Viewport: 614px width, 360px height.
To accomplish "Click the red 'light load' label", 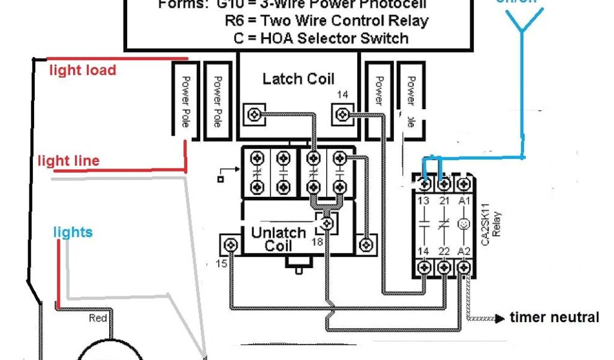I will [82, 70].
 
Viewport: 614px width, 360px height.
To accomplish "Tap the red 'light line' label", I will [68, 161].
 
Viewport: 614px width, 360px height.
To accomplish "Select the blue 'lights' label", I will [73, 232].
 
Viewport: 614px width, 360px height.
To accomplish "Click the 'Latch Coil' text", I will [298, 79].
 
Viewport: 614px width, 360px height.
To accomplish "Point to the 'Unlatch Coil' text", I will [278, 239].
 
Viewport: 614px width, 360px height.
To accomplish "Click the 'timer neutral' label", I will [554, 317].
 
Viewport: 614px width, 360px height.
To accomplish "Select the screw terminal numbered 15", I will [230, 245].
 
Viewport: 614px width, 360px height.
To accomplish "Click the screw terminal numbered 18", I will [327, 224].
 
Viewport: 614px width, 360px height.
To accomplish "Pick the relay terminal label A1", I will [463, 200].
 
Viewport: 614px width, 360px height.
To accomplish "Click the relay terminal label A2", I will [463, 250].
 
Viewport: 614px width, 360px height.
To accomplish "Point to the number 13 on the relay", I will [425, 200].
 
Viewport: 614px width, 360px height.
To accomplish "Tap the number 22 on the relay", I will [444, 250].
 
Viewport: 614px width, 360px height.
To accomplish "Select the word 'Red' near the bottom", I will [98, 318].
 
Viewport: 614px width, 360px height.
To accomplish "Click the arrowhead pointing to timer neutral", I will [499, 318].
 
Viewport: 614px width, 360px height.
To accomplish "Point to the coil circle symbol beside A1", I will [463, 224].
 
